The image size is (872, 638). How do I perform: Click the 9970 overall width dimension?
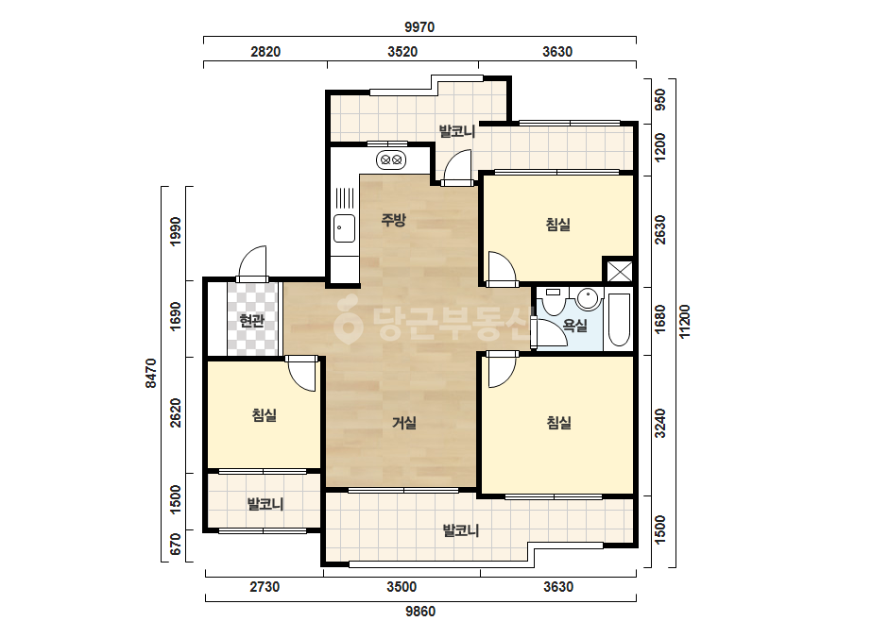point(419,26)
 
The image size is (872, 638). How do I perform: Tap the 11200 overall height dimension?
point(685,321)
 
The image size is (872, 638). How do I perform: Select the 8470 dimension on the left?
point(151,373)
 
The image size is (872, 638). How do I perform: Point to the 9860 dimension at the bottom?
point(419,612)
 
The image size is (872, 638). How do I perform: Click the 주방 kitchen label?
point(393,220)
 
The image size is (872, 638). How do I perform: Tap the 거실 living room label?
point(404,423)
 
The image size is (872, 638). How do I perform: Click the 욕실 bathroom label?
point(575,325)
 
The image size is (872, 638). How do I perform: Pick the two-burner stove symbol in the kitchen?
point(391,160)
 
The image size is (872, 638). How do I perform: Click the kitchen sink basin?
point(344,227)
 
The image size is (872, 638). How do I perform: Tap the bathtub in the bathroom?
point(620,320)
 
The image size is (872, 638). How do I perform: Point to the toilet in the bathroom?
point(553,302)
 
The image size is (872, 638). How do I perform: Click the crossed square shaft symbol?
point(619,271)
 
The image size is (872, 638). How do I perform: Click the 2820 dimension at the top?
point(265,52)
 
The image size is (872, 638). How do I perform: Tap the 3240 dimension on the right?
point(660,424)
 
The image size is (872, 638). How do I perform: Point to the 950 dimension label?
point(660,100)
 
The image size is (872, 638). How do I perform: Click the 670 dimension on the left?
point(175,544)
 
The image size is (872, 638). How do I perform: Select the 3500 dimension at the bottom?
point(402,587)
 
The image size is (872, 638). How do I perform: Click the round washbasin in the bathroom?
point(589,299)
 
